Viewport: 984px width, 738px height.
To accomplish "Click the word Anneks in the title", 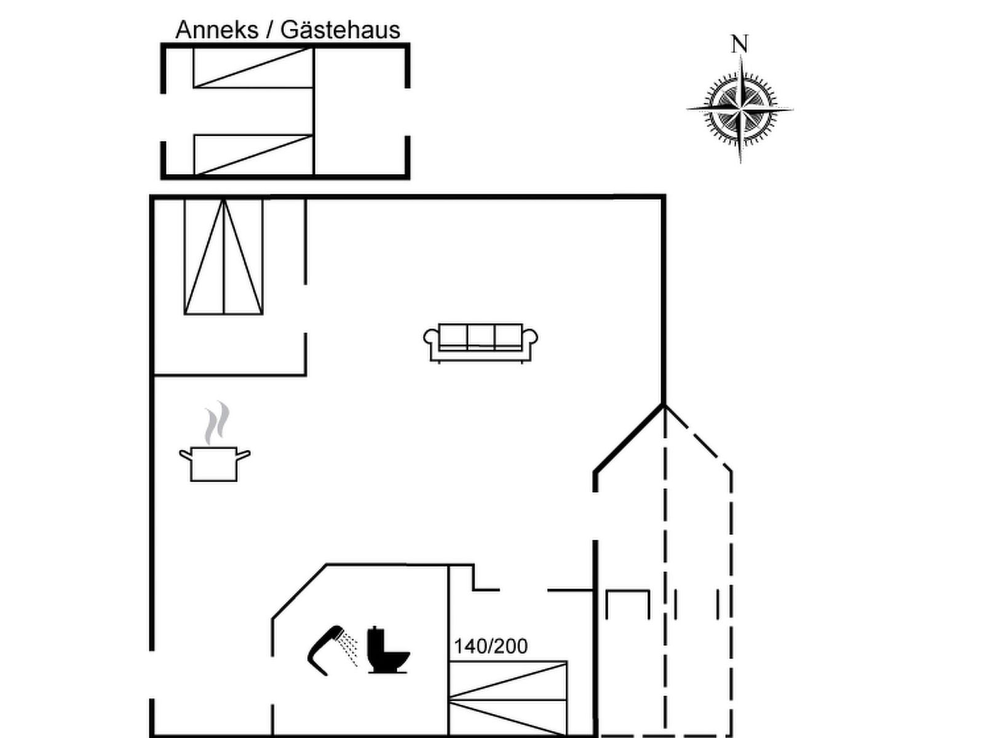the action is click(217, 30).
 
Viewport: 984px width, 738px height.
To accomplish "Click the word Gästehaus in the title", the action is click(340, 30).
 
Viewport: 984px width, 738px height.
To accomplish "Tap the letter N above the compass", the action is click(740, 44).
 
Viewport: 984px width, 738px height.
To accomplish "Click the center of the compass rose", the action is click(740, 109).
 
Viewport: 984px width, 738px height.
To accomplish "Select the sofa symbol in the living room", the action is click(480, 343).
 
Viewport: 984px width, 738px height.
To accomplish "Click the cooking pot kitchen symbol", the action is click(214, 464).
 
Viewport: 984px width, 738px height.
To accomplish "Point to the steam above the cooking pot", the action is click(217, 422).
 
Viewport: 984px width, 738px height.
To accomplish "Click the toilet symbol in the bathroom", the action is click(388, 650).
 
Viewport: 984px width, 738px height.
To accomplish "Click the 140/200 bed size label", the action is click(491, 646).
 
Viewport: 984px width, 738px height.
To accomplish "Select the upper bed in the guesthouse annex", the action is click(253, 68).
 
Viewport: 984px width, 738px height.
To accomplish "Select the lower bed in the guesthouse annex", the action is click(253, 154).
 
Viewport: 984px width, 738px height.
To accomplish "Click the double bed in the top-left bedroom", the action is click(223, 256).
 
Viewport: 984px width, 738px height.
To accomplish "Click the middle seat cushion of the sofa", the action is click(480, 336).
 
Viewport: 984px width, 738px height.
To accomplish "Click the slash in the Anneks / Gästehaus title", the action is click(269, 30).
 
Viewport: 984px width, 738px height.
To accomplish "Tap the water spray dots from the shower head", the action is click(349, 648).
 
